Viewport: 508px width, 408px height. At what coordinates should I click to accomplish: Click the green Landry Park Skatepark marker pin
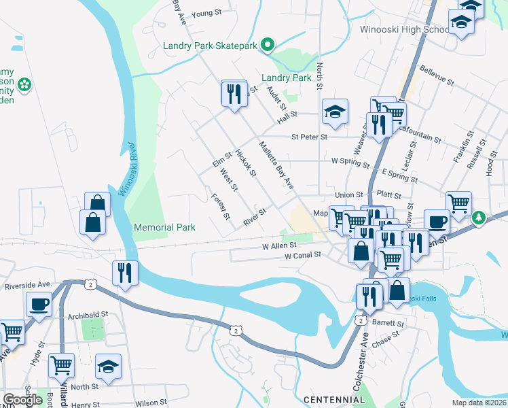click(268, 46)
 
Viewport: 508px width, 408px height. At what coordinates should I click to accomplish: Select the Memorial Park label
click(164, 227)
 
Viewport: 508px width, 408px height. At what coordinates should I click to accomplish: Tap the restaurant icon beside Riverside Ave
click(125, 273)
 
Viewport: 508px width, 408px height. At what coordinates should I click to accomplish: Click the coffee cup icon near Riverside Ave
click(39, 304)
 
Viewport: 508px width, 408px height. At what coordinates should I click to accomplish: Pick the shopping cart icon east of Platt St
click(459, 203)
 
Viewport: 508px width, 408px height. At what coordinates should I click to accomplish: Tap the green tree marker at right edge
click(480, 217)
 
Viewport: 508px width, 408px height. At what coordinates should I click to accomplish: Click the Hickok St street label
click(244, 164)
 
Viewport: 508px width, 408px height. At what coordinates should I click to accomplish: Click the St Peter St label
click(309, 137)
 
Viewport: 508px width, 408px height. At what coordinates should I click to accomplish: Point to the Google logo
click(23, 400)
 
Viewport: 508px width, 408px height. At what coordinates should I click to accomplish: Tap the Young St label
click(206, 12)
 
